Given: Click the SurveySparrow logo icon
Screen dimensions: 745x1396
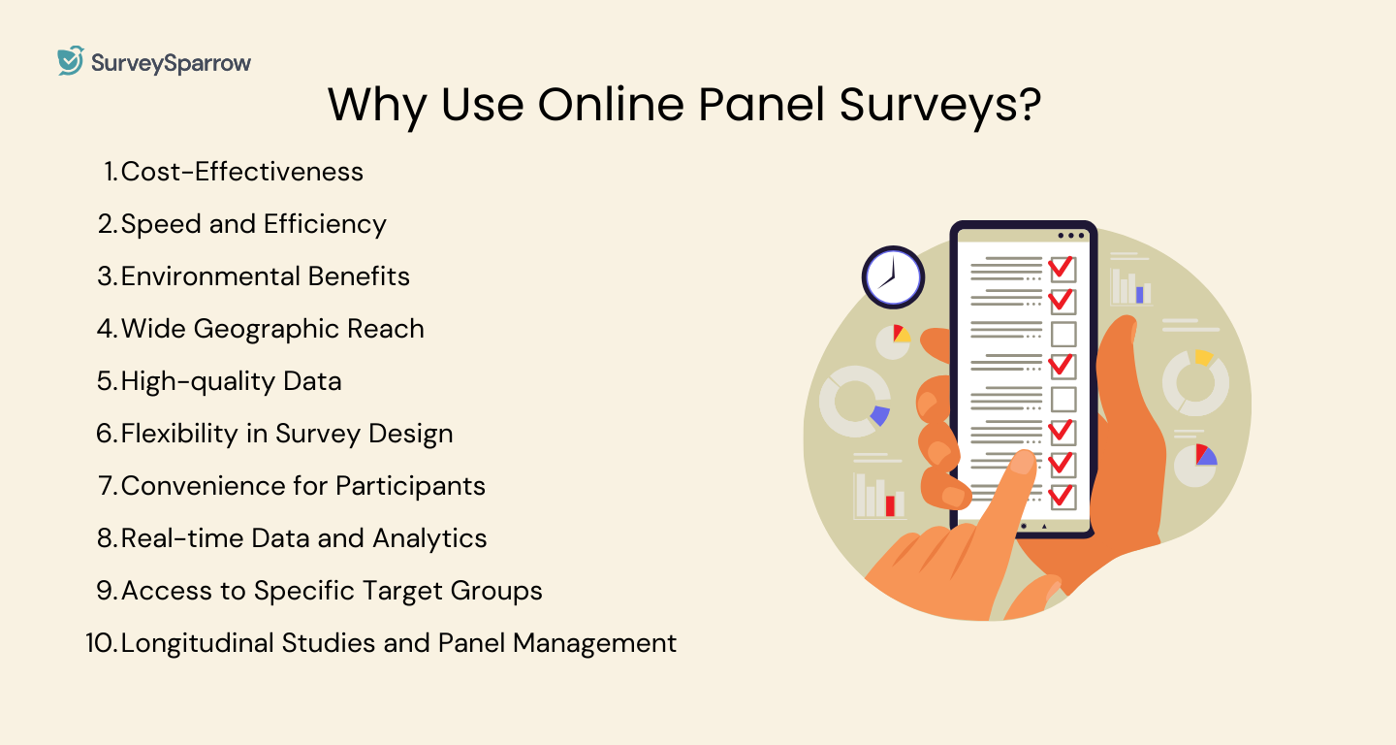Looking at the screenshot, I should pyautogui.click(x=71, y=61).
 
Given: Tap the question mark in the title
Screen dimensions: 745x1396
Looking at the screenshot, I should pyautogui.click(x=1027, y=105).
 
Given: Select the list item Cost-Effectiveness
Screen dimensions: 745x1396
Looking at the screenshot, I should pyautogui.click(x=241, y=172).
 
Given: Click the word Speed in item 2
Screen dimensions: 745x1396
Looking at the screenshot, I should pyautogui.click(x=162, y=224).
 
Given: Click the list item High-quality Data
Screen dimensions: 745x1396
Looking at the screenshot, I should pyautogui.click(x=231, y=381).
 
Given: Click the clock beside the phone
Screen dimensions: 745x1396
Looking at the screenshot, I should pyautogui.click(x=892, y=277).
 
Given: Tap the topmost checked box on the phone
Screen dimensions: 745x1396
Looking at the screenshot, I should pyautogui.click(x=1063, y=268).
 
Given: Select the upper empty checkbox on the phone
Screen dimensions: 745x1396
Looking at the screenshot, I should pyautogui.click(x=1063, y=334).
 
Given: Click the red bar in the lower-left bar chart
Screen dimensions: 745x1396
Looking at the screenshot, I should pyautogui.click(x=890, y=505).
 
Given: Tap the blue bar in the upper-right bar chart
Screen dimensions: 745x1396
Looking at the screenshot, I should pyautogui.click(x=1140, y=294).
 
